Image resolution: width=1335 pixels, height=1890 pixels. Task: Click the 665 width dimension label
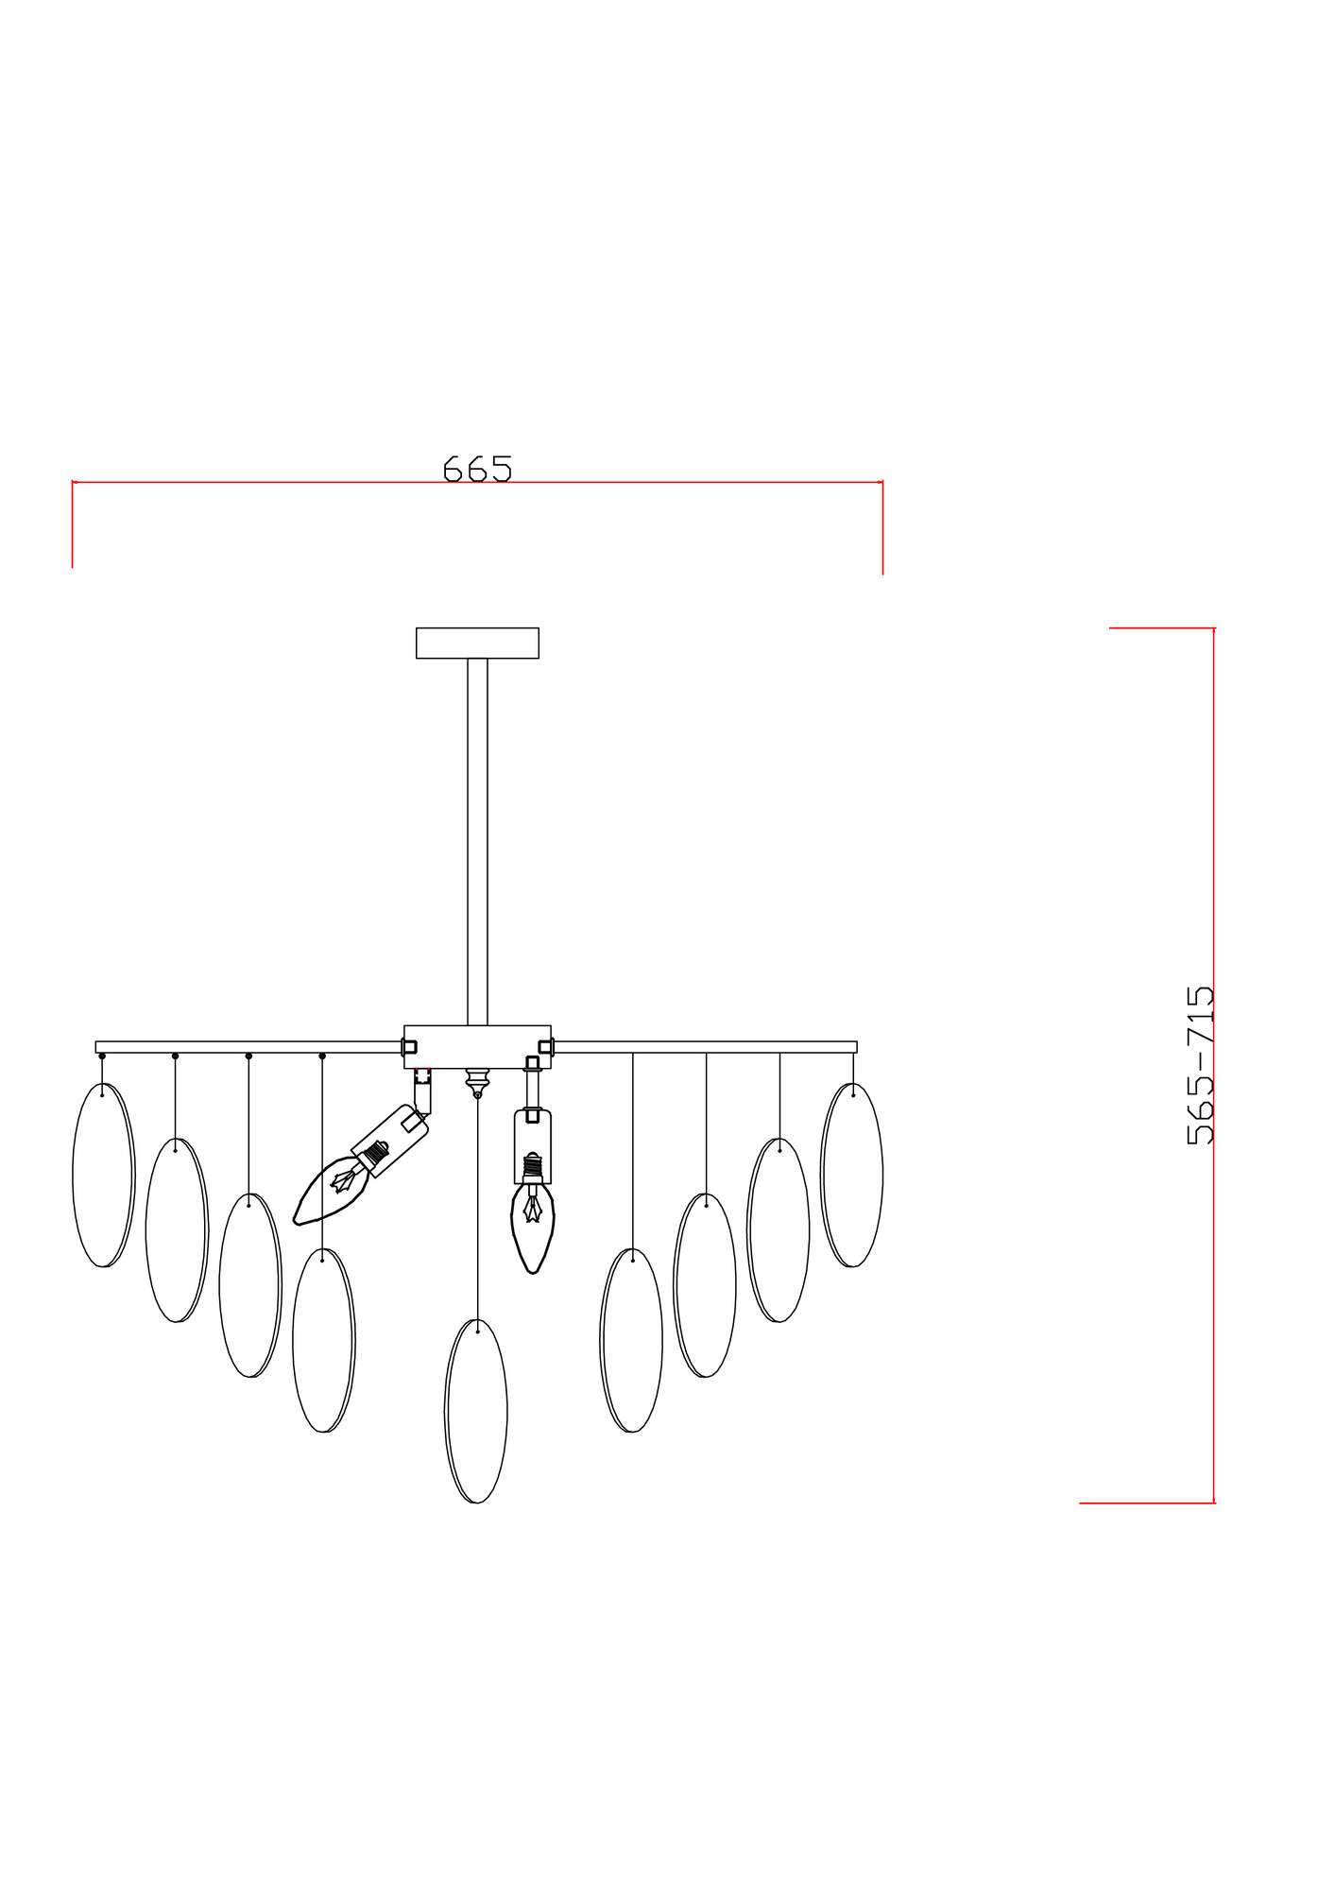[477, 468]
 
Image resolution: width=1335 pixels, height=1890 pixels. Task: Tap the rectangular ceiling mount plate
[477, 643]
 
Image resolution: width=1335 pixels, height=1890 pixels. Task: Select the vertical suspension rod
[477, 842]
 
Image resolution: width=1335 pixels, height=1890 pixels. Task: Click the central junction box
[477, 1047]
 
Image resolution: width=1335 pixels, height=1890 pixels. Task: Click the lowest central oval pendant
[476, 1411]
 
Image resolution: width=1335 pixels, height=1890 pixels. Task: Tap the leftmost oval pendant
[103, 1175]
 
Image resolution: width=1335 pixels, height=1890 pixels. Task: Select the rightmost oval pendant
[851, 1175]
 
